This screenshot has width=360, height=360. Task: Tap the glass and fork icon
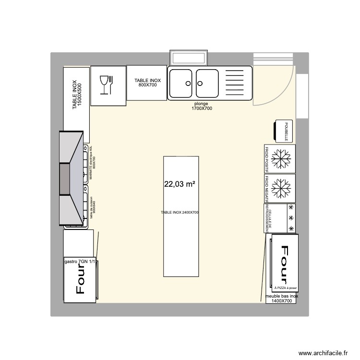click(106, 85)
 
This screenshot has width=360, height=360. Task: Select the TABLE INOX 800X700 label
click(147, 83)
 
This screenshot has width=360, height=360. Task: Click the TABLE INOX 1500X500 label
click(77, 95)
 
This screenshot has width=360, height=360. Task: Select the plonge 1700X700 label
click(203, 106)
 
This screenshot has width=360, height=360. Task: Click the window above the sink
click(189, 58)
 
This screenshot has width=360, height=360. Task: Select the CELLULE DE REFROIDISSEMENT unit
click(279, 218)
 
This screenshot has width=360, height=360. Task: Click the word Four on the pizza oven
click(284, 265)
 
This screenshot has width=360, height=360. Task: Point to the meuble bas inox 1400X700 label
click(282, 299)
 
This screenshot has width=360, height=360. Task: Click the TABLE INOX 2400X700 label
click(180, 212)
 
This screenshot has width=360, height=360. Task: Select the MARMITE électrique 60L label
click(92, 163)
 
